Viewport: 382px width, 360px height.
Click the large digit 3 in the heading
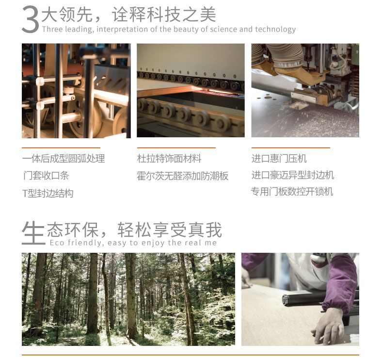click(x=30, y=19)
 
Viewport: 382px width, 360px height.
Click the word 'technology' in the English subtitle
click(x=275, y=29)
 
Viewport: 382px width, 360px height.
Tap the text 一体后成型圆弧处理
click(x=64, y=159)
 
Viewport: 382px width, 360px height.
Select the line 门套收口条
click(x=46, y=175)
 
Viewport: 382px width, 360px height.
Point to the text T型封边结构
click(x=48, y=193)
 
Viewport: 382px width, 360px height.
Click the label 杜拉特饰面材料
click(x=169, y=159)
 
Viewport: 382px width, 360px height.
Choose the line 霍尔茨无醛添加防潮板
click(x=182, y=176)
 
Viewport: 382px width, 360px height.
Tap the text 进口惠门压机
click(x=279, y=159)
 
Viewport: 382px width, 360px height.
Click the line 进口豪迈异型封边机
click(x=293, y=175)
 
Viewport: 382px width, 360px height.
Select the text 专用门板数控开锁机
click(x=292, y=192)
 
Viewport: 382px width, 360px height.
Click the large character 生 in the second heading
click(x=33, y=232)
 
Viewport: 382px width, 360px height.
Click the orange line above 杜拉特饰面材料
click(x=176, y=147)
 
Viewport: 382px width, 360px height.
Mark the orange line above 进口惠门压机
click(x=291, y=147)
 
